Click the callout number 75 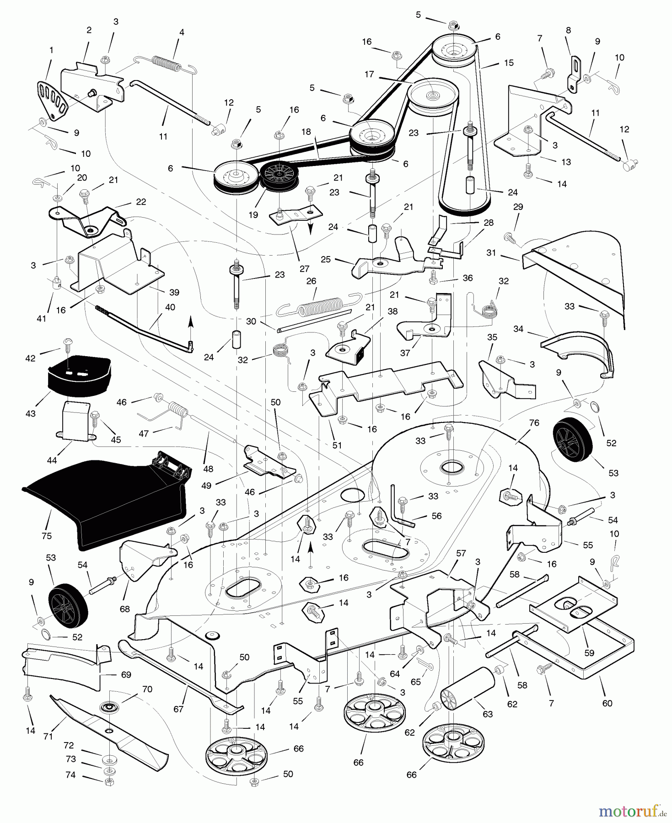coord(46,536)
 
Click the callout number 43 coord(31,413)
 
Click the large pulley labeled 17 coord(432,97)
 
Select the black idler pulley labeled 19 coord(279,176)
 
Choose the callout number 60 coord(607,703)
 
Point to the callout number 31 coord(491,253)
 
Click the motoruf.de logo coord(632,811)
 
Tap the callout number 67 coord(178,709)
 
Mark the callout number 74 coord(70,775)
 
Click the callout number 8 coord(569,31)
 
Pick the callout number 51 coord(337,445)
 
